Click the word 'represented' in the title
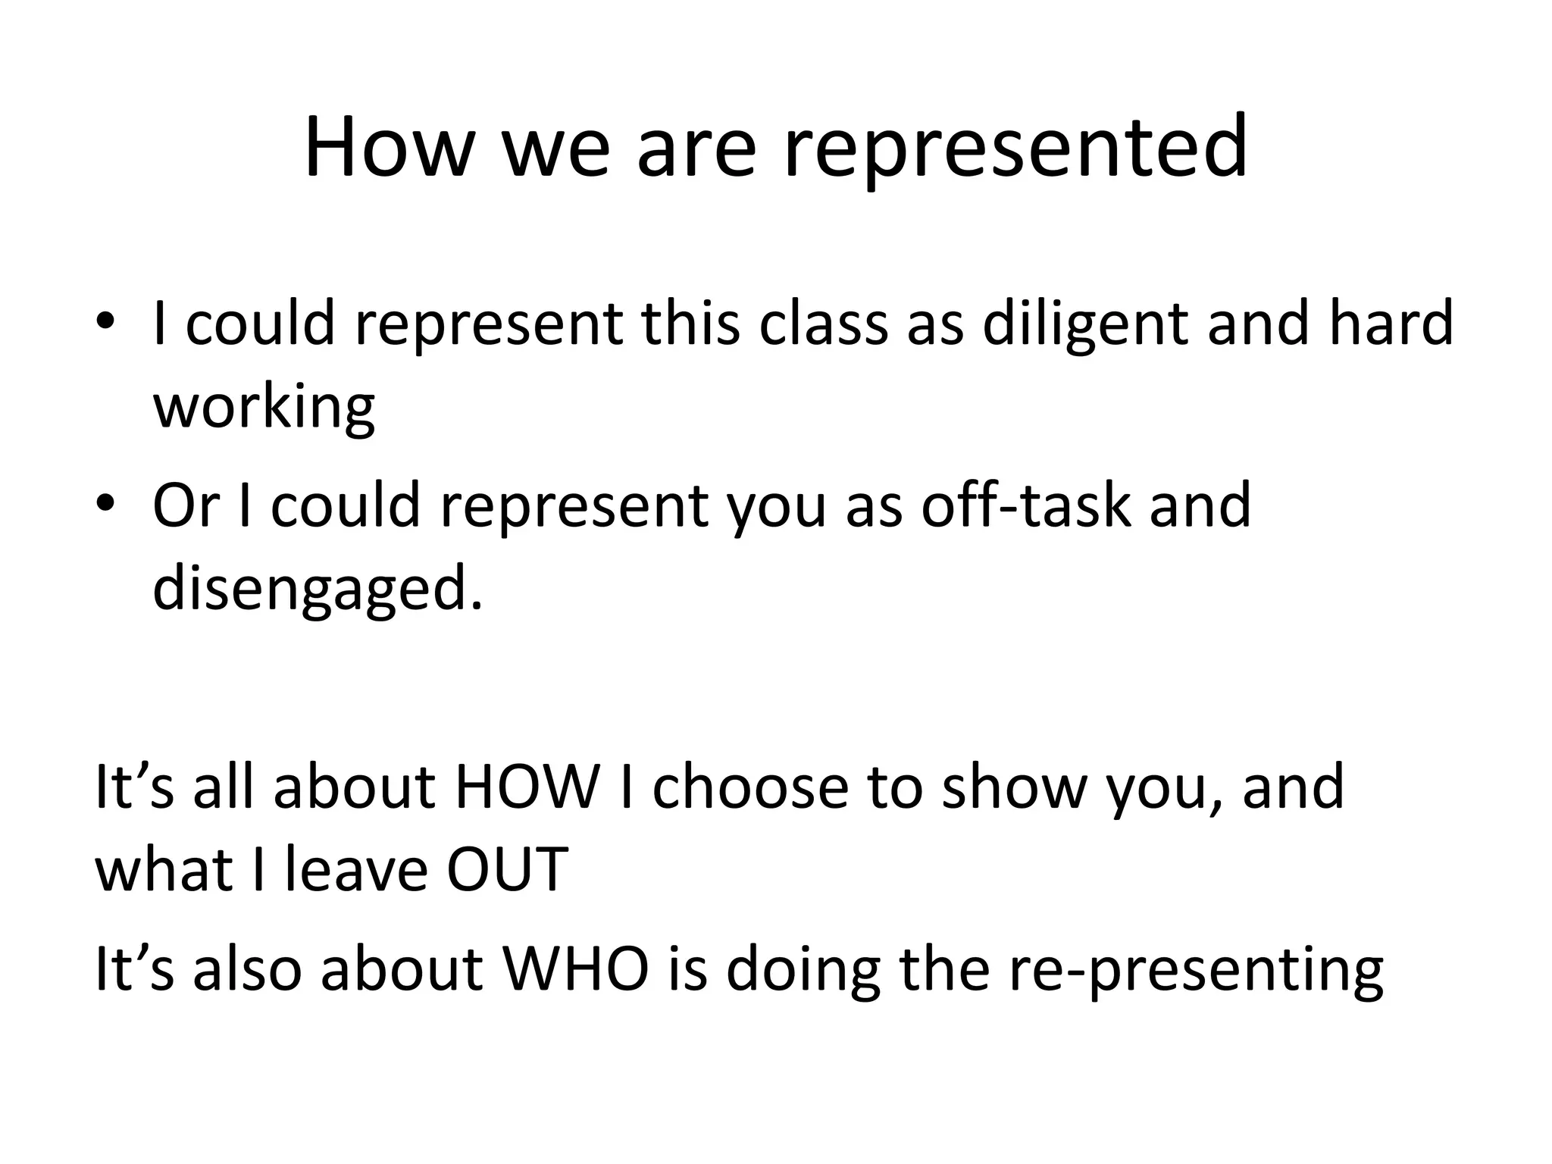pyautogui.click(x=1014, y=147)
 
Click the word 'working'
pyautogui.click(x=264, y=408)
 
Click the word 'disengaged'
pyautogui.click(x=317, y=590)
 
